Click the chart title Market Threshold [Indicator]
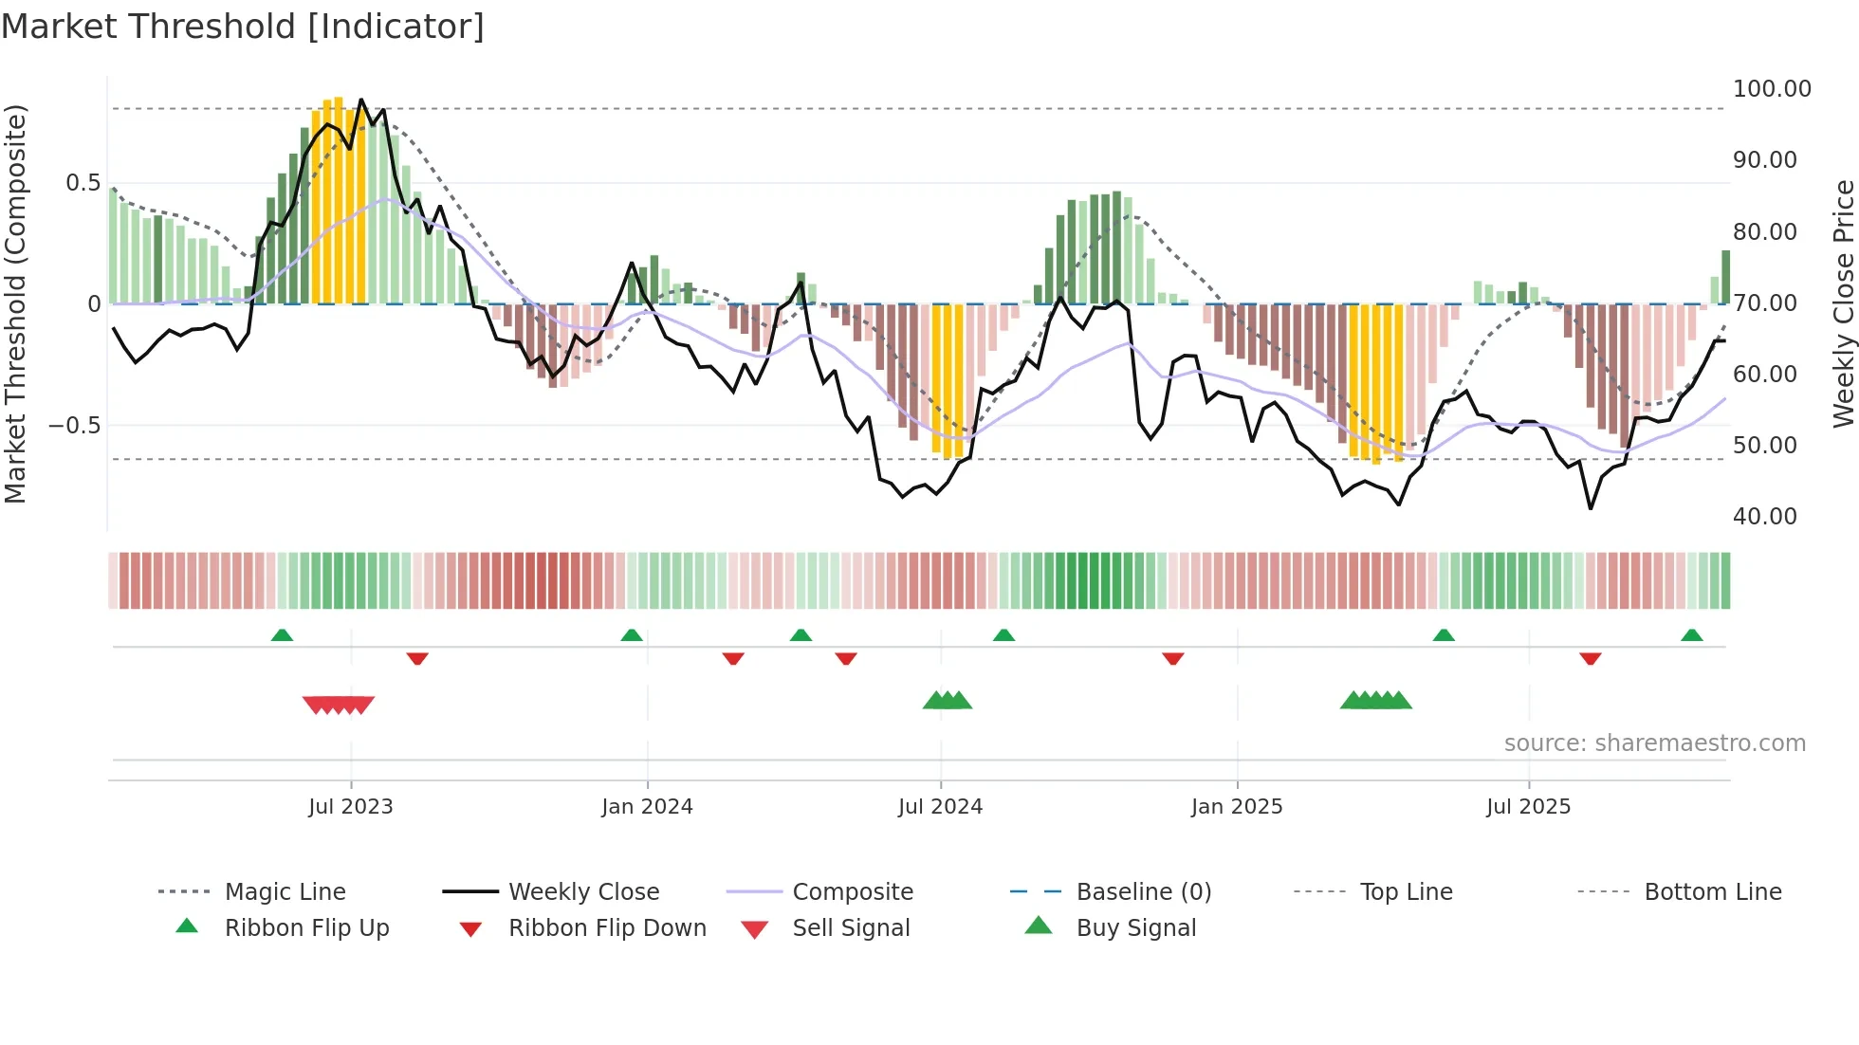point(243,27)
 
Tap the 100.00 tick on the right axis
point(1771,89)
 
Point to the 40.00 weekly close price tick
point(1764,517)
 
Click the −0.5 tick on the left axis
point(74,426)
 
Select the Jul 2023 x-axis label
point(350,807)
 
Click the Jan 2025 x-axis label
point(1236,807)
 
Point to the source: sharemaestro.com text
point(1654,743)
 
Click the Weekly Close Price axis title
point(1843,303)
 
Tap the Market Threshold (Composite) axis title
point(15,303)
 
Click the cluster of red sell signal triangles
point(339,705)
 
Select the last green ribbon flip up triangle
point(1691,635)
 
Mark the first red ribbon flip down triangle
point(417,658)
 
